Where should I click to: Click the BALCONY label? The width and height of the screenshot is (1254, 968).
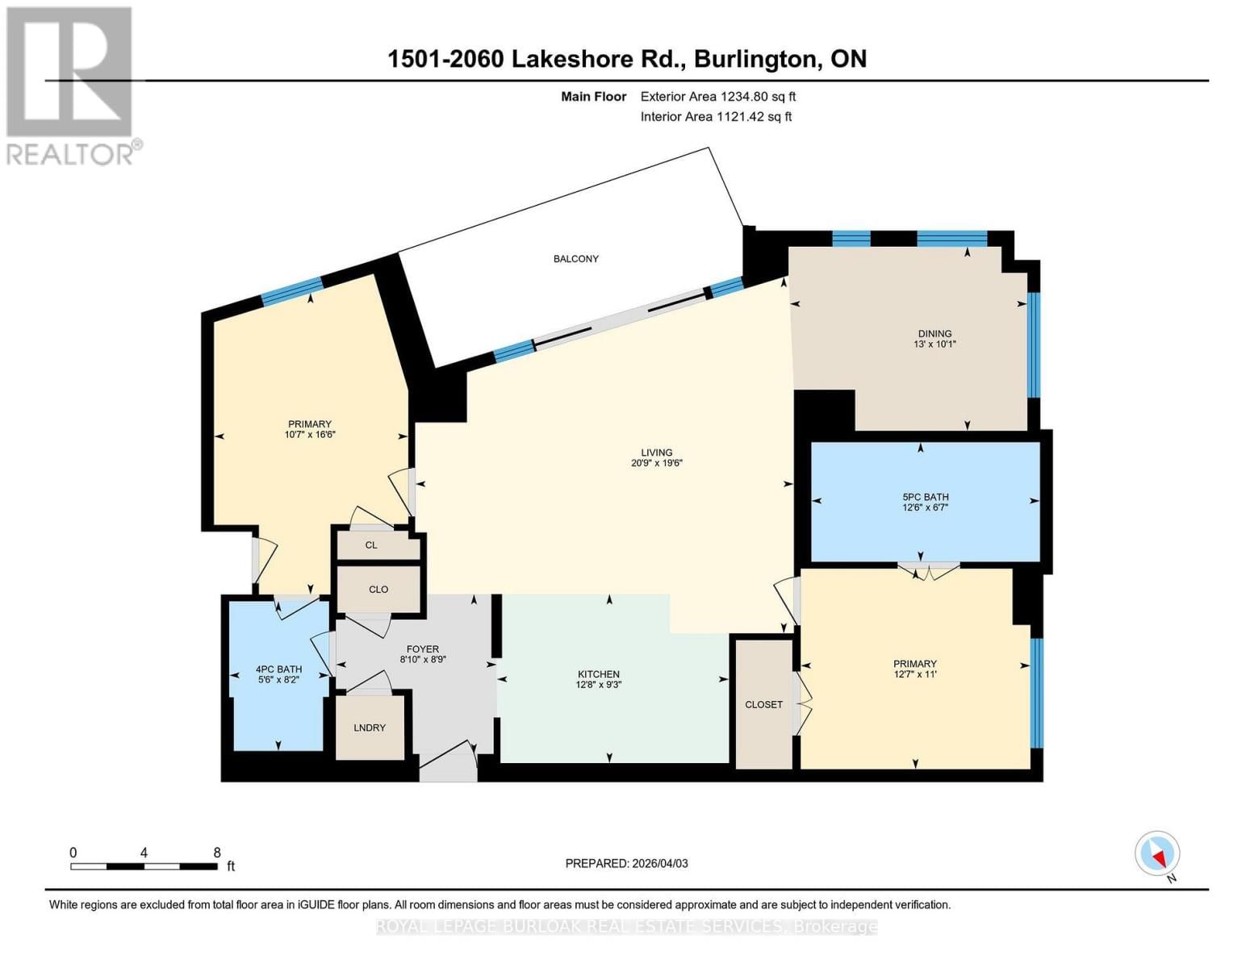click(575, 259)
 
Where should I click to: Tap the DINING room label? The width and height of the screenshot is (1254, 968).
click(934, 334)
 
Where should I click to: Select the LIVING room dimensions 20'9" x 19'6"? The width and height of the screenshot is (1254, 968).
click(657, 464)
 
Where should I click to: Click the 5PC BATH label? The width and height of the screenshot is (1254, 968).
click(925, 498)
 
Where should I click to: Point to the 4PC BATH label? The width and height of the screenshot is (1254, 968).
click(278, 670)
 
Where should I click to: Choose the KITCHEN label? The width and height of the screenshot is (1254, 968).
click(598, 674)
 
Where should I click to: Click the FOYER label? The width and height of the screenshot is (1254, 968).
click(423, 649)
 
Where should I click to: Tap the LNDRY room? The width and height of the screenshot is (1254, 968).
click(370, 728)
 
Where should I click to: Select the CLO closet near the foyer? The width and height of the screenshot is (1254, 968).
click(378, 590)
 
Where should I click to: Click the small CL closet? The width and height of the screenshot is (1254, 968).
click(371, 545)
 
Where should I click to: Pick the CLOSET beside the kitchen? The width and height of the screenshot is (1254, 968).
click(763, 704)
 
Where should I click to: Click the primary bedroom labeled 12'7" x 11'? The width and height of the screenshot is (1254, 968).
click(914, 670)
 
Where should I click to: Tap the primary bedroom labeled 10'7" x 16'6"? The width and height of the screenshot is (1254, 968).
click(310, 429)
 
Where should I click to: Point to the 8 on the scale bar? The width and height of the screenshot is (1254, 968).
click(217, 853)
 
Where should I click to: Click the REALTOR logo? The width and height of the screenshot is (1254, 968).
click(70, 85)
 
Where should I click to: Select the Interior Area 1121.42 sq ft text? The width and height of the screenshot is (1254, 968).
click(716, 117)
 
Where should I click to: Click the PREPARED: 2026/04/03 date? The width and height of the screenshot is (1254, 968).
click(626, 864)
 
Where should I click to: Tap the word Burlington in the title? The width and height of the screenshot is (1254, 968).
click(754, 59)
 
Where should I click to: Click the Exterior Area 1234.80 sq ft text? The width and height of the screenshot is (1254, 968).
click(718, 97)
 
